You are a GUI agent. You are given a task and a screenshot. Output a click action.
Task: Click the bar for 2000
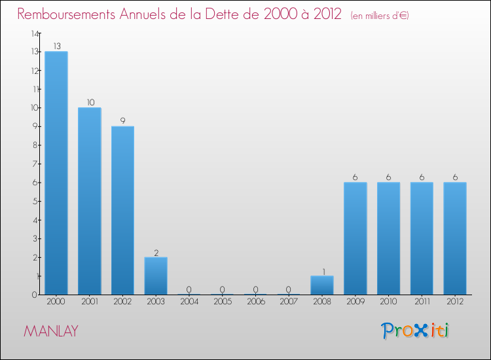coord(56,173)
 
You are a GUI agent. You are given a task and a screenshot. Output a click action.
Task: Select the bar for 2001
coord(90,201)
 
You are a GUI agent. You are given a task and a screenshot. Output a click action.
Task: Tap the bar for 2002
coord(122,210)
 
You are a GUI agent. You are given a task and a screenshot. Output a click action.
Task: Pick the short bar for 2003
coord(156,276)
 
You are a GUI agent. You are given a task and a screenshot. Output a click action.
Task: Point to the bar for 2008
coord(322,285)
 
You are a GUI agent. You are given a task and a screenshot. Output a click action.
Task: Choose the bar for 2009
coord(355,238)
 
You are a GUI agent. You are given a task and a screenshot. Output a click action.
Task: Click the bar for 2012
coord(455,238)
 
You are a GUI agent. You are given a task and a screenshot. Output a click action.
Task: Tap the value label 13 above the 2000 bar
coord(56,46)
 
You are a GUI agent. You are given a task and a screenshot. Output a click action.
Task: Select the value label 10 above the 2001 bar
coord(90,103)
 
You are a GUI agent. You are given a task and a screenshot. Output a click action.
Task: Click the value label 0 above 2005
coord(223,289)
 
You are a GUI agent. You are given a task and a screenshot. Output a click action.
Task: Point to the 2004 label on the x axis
coord(189,302)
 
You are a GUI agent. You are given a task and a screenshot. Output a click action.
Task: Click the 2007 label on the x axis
coord(289,302)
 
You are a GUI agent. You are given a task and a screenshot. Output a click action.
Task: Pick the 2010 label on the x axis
coord(388,302)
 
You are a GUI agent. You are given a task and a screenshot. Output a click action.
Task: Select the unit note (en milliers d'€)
coord(380,16)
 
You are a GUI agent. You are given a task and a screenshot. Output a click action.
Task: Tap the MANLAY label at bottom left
coord(51,331)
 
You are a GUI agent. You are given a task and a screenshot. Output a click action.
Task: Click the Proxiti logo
coord(416,331)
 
